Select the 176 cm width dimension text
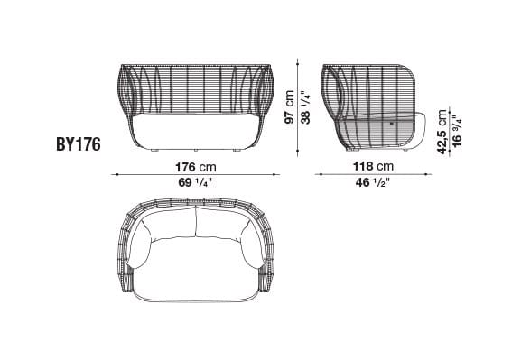coord(196,167)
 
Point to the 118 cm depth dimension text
coord(372,167)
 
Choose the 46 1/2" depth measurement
coord(372,183)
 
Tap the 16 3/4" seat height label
coord(457,132)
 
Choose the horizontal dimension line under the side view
coord(372,175)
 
